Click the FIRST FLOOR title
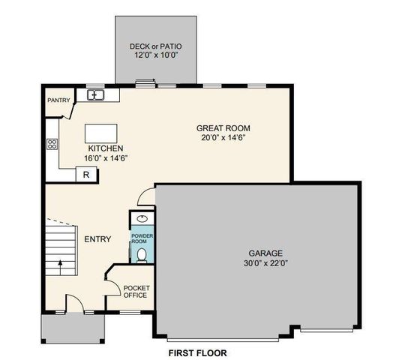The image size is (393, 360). tap(196, 352)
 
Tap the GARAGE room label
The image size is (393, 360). tap(266, 253)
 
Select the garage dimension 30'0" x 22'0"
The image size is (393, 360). tap(266, 263)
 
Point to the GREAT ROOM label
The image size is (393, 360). tap(224, 127)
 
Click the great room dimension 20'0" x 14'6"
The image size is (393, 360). tap(224, 137)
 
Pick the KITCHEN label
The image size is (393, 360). tap(105, 148)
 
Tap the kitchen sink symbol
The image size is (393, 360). tap(95, 94)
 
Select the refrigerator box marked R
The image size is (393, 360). tap(87, 175)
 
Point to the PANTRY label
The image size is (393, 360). tap(58, 100)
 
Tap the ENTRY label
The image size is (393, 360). tap(97, 239)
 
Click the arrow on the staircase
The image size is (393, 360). tap(59, 265)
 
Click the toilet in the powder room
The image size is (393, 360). tap(142, 255)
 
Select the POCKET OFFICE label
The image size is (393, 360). tap(136, 291)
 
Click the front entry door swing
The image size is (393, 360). tap(73, 304)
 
